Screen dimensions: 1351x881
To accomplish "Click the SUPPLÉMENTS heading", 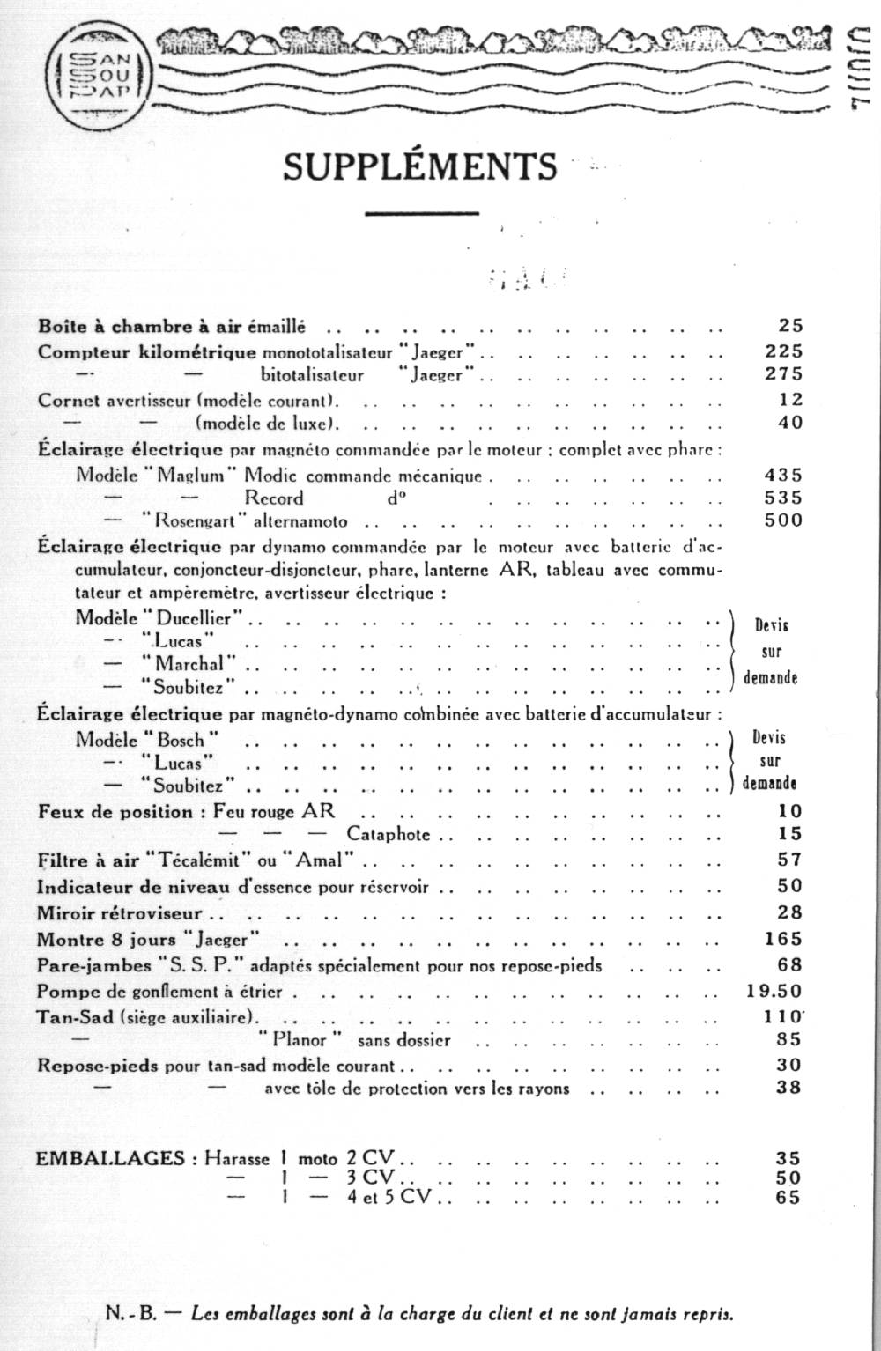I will pyautogui.click(x=420, y=166).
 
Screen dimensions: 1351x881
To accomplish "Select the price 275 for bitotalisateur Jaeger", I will pyautogui.click(x=783, y=373).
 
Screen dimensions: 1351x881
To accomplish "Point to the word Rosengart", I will pyautogui.click(x=199, y=520).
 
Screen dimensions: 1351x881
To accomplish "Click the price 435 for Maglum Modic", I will pyautogui.click(x=783, y=475).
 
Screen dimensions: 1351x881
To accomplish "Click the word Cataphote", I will pyautogui.click(x=389, y=833).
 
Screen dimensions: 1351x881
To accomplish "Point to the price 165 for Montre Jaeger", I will pyautogui.click(x=783, y=939).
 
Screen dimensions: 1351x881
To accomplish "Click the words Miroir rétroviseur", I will pyautogui.click(x=120, y=913).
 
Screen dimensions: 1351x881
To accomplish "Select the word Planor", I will pyautogui.click(x=300, y=1040).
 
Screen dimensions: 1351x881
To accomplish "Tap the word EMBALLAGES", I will pyautogui.click(x=109, y=1158).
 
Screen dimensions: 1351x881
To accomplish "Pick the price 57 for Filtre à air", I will pyautogui.click(x=789, y=859).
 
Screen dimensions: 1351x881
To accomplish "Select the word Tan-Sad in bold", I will pyautogui.click(x=75, y=1016).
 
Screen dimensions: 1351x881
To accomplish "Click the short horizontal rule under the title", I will pyautogui.click(x=420, y=212).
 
